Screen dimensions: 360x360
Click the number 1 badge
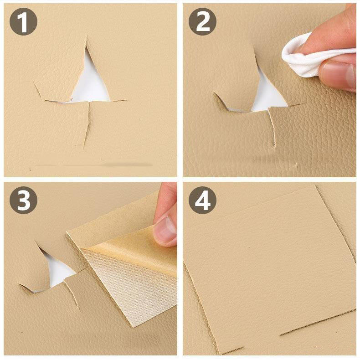tap(23, 21)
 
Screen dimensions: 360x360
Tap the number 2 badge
tap(202, 21)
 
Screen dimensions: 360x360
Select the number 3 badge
tap(23, 200)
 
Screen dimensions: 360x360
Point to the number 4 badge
tap(202, 200)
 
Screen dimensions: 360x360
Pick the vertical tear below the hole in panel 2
tap(273, 130)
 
